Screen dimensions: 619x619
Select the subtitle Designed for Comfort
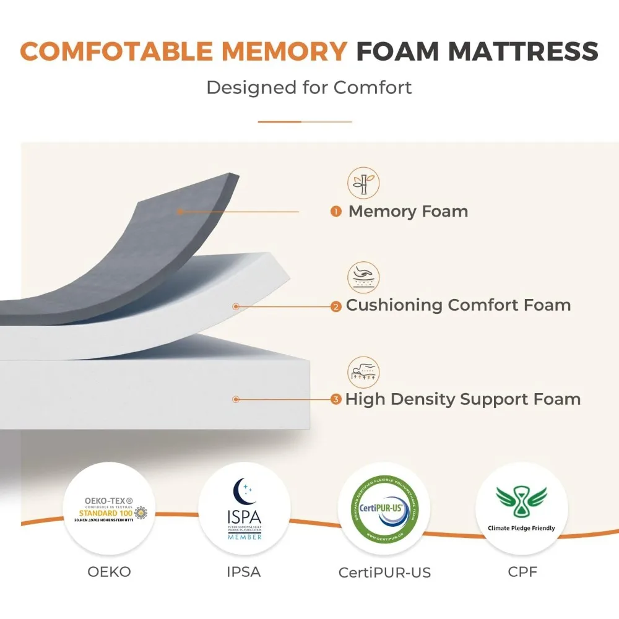pyautogui.click(x=309, y=87)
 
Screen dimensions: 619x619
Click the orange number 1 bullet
pyautogui.click(x=336, y=212)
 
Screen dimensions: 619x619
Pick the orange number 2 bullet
pyautogui.click(x=336, y=306)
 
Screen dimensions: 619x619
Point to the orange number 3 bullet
pyautogui.click(x=336, y=399)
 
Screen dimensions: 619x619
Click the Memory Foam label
pyautogui.click(x=408, y=211)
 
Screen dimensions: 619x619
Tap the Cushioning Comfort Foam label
pyautogui.click(x=458, y=305)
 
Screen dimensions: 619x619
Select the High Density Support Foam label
pyautogui.click(x=463, y=399)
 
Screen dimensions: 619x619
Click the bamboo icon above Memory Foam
pyautogui.click(x=363, y=183)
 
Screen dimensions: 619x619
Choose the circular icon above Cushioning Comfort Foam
pyautogui.click(x=363, y=277)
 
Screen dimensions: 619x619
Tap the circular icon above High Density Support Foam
pyautogui.click(x=363, y=371)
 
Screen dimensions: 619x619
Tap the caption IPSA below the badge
pyautogui.click(x=245, y=572)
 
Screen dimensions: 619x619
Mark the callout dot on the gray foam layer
pyautogui.click(x=179, y=212)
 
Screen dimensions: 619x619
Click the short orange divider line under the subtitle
pyautogui.click(x=305, y=122)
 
